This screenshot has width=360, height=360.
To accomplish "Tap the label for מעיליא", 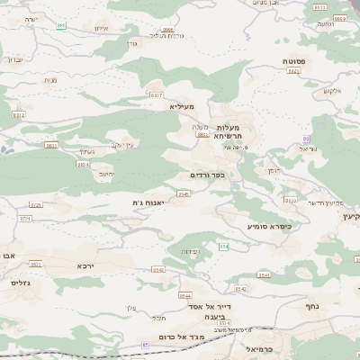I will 181,106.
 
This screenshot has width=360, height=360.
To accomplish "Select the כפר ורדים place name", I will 207,175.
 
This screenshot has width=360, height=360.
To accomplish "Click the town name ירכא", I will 85,266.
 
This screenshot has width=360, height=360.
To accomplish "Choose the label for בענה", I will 213,317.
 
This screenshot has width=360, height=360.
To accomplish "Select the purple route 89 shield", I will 306,139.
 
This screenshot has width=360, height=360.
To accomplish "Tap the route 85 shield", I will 146,345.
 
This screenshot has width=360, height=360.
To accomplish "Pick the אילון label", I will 101,29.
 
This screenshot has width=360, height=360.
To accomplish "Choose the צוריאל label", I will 310,150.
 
